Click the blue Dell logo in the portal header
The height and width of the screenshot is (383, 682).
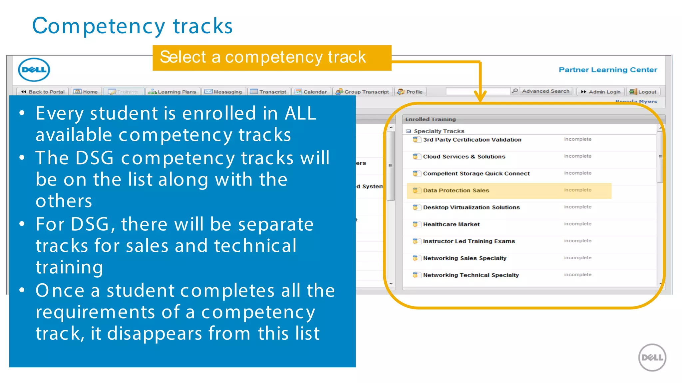tap(34, 70)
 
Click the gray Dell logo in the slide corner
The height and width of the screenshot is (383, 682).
tap(652, 357)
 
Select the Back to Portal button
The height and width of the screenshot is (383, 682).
tap(43, 92)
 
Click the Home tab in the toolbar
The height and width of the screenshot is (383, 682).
tap(86, 92)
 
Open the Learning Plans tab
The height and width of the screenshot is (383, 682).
tap(173, 92)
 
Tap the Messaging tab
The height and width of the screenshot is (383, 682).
tap(224, 92)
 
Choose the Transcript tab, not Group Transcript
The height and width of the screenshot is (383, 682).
tap(269, 92)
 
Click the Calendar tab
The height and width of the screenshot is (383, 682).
tap(311, 92)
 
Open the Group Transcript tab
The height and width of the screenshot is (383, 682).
tap(363, 92)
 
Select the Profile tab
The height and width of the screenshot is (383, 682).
tap(411, 92)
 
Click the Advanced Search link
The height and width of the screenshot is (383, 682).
tap(545, 91)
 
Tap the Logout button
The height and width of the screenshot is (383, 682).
tap(643, 92)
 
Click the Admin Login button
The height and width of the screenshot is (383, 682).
tap(601, 92)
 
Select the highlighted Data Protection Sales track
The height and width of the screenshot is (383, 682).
tap(456, 191)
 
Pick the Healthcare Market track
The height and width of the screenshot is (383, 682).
tap(451, 224)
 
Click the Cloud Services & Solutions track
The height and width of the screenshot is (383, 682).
tap(464, 157)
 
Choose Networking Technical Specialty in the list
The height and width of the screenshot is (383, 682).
tap(471, 275)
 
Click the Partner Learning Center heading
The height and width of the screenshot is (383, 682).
tap(608, 70)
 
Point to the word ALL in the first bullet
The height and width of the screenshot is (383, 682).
tap(300, 113)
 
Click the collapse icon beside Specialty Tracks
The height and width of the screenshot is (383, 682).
tap(408, 131)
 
